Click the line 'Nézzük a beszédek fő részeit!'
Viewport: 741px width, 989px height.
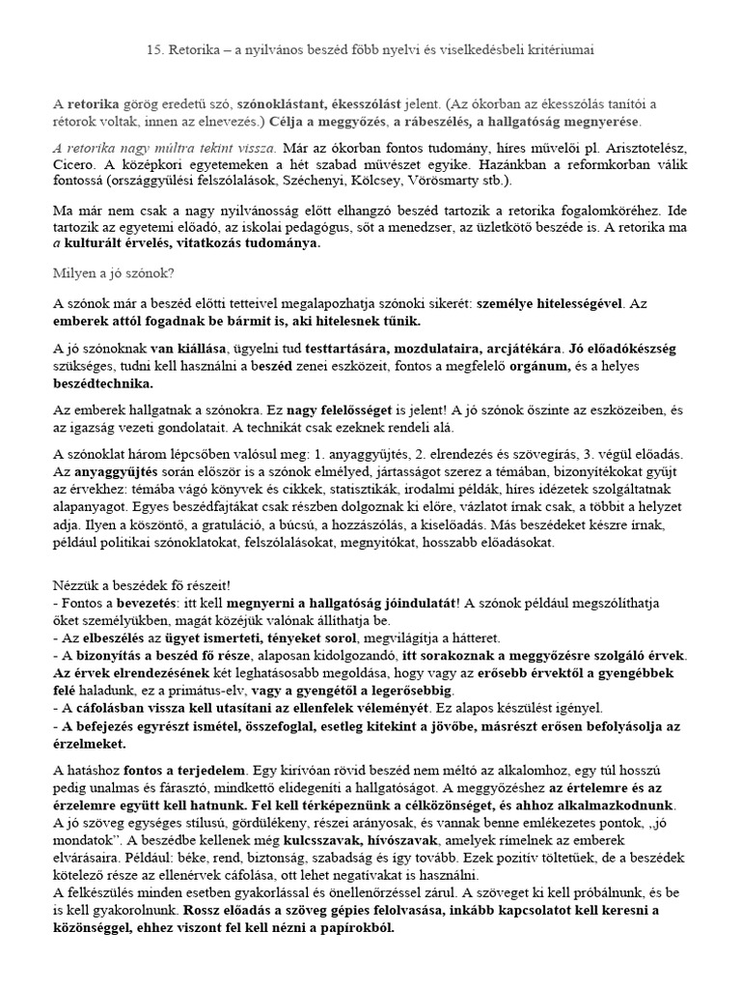click(139, 586)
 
